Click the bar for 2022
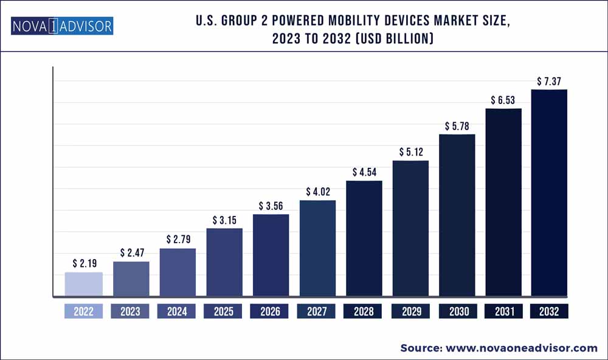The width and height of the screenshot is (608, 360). tap(84, 285)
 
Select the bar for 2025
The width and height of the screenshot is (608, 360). tap(224, 263)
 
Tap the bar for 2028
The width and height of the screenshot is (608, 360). tap(364, 239)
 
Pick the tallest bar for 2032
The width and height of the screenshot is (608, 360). tap(549, 193)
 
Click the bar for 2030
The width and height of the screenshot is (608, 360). tap(457, 215)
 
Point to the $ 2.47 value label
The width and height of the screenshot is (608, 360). tap(131, 252)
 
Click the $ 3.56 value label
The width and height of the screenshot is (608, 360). tap(271, 205)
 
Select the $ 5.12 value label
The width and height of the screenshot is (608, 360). tap(410, 151)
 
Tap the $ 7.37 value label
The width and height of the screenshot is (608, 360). tap(549, 80)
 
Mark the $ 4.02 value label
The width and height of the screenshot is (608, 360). tap(317, 191)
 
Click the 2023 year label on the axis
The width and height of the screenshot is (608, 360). tap(131, 311)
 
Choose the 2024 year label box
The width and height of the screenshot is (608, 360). tap(177, 311)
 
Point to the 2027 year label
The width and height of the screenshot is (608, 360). tap(317, 311)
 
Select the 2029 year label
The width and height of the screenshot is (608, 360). tap(410, 311)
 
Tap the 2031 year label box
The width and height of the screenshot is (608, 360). tap(503, 311)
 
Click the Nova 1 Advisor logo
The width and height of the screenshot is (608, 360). tap(61, 26)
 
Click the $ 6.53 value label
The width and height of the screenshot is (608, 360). tap(503, 99)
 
